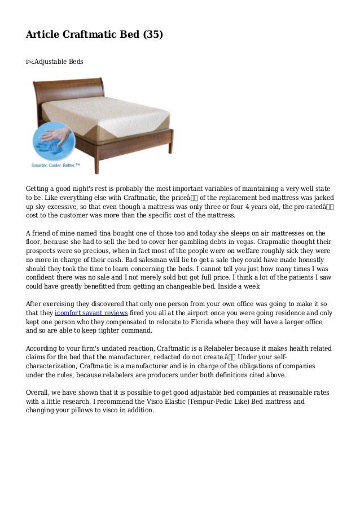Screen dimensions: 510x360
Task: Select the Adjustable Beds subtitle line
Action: (x=55, y=60)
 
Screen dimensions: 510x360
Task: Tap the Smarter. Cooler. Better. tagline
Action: (x=55, y=165)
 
